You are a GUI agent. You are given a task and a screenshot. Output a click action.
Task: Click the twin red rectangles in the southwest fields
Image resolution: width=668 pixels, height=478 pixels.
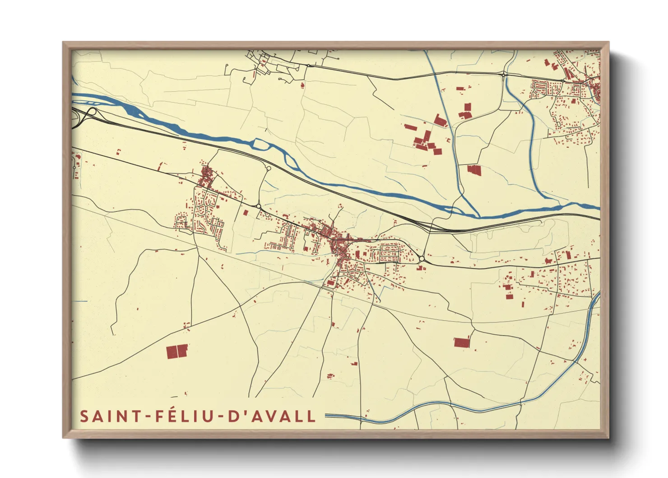[x=176, y=351]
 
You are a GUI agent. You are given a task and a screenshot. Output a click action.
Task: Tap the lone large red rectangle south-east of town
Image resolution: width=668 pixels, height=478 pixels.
[x=462, y=342]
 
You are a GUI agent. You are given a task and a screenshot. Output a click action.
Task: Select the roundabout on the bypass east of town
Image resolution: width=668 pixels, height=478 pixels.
[x=421, y=259]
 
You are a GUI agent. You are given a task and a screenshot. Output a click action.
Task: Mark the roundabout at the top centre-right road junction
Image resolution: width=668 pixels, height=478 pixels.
[x=504, y=75]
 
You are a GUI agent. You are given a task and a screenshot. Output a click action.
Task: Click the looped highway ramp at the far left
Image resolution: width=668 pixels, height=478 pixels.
[x=91, y=112]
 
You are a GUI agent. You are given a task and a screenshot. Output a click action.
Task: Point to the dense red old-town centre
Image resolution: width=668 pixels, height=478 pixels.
[x=338, y=246]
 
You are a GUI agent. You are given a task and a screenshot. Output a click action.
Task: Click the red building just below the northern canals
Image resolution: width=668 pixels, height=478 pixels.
[x=473, y=170]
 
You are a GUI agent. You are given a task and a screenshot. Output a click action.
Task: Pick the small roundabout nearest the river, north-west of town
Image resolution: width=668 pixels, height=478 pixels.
[x=269, y=169]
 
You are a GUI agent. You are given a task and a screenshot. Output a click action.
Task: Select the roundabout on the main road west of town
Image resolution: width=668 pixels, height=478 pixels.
[x=259, y=206]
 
